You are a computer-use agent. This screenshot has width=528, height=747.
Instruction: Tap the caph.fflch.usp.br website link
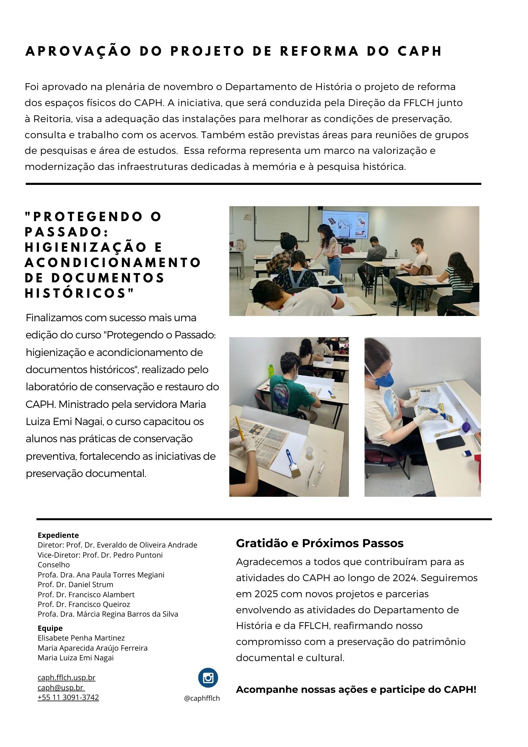point(66,678)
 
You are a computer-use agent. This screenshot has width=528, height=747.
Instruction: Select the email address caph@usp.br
point(60,688)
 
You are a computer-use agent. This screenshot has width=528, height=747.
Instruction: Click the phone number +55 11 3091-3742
point(68,697)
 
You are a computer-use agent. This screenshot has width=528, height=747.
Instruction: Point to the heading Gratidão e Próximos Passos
point(320,543)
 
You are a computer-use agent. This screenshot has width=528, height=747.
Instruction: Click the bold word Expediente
point(58,535)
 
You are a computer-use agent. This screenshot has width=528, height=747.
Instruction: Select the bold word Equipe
point(50,628)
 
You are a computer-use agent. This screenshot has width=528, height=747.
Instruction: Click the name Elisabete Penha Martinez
point(81,638)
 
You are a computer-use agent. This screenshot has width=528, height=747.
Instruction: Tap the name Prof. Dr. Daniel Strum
point(75,585)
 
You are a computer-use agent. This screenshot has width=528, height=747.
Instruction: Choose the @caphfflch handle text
point(202,698)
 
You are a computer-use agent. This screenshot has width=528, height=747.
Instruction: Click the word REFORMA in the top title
point(319,51)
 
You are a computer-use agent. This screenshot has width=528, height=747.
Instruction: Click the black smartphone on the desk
point(450,443)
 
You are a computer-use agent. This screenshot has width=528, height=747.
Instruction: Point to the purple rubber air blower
point(466,426)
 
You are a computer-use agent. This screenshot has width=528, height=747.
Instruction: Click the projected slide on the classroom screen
point(345,224)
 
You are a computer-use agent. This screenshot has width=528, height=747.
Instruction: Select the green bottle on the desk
point(271,371)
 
